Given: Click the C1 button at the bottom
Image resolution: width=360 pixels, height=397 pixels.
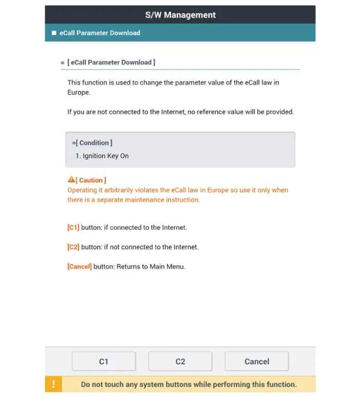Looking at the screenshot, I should pyautogui.click(x=104, y=362).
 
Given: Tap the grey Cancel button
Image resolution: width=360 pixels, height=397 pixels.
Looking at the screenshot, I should pyautogui.click(x=257, y=362).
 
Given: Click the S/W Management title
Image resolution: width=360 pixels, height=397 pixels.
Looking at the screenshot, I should pyautogui.click(x=180, y=15).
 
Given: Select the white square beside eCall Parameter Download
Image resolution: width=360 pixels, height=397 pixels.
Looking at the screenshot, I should pyautogui.click(x=54, y=33).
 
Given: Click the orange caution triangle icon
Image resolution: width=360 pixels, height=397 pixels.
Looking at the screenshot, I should pyautogui.click(x=71, y=180).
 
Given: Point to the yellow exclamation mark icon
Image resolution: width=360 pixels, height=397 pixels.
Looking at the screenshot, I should pyautogui.click(x=53, y=384).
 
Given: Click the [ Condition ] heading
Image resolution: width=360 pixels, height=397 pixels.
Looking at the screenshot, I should pyautogui.click(x=94, y=143).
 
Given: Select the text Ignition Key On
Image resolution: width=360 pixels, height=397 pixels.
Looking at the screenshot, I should pyautogui.click(x=106, y=156).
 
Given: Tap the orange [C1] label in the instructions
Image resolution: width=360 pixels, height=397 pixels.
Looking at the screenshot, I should pyautogui.click(x=73, y=227).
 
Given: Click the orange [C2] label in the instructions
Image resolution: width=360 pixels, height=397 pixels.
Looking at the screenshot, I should pyautogui.click(x=73, y=247).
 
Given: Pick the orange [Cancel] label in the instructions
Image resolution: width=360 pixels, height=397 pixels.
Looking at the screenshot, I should pyautogui.click(x=80, y=267).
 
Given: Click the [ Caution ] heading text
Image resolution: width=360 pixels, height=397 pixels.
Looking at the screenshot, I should pyautogui.click(x=91, y=180).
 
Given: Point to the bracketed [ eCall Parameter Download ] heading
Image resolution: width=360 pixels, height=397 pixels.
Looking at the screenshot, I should pyautogui.click(x=111, y=62).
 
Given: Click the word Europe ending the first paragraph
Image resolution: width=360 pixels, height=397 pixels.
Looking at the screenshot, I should pyautogui.click(x=78, y=92).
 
